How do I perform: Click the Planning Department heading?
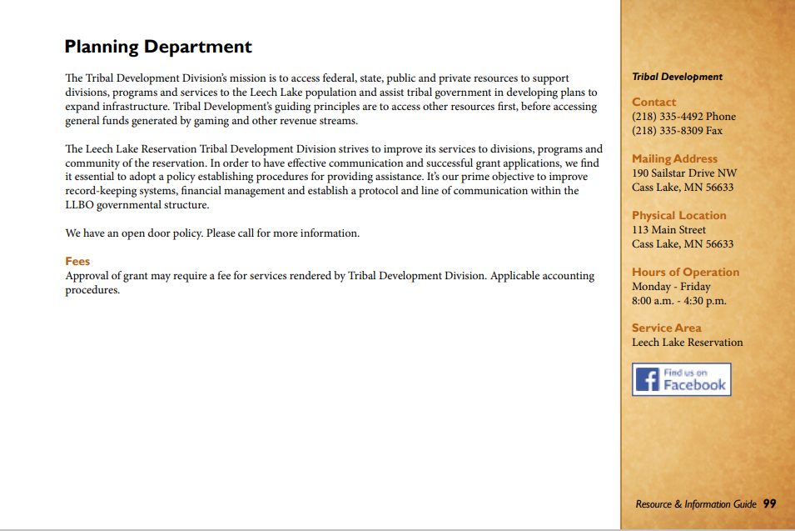(158, 47)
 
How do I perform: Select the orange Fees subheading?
(77, 261)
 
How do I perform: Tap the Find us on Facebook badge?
(681, 379)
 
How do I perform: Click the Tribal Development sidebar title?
(677, 77)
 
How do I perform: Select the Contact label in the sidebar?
(653, 103)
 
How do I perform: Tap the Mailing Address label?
(674, 158)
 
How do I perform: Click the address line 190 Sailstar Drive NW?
(684, 173)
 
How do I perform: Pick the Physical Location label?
(678, 215)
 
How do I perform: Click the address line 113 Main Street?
(668, 230)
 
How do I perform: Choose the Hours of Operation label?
(685, 272)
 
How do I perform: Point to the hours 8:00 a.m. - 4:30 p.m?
(678, 301)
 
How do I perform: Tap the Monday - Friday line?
(671, 287)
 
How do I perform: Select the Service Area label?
(666, 328)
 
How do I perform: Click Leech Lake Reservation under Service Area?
(687, 343)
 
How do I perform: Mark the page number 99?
(769, 503)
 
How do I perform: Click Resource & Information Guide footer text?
(696, 504)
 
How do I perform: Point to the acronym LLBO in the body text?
(80, 205)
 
